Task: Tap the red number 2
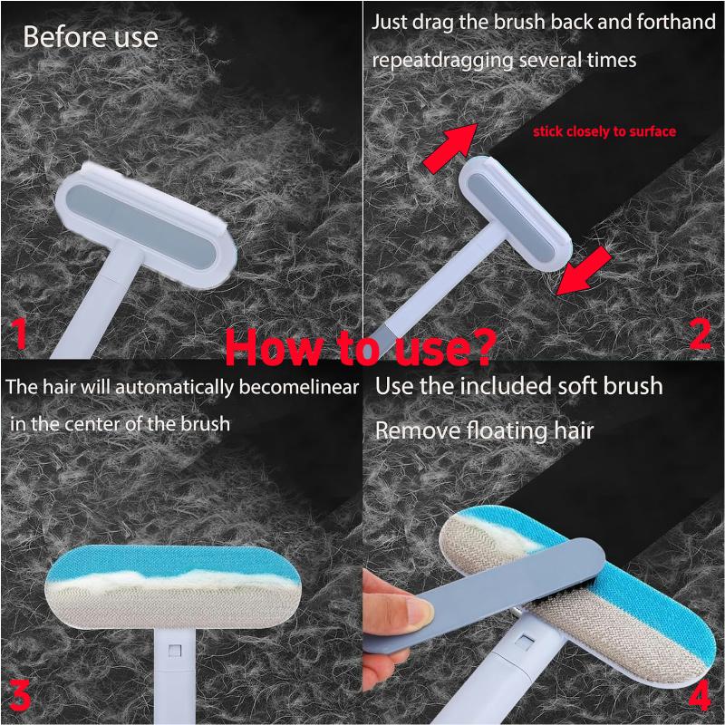[x=699, y=333]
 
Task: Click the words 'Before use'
[x=90, y=37]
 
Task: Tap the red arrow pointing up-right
[x=449, y=145]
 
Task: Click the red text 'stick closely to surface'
[x=604, y=131]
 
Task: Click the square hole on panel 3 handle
[x=171, y=649]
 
